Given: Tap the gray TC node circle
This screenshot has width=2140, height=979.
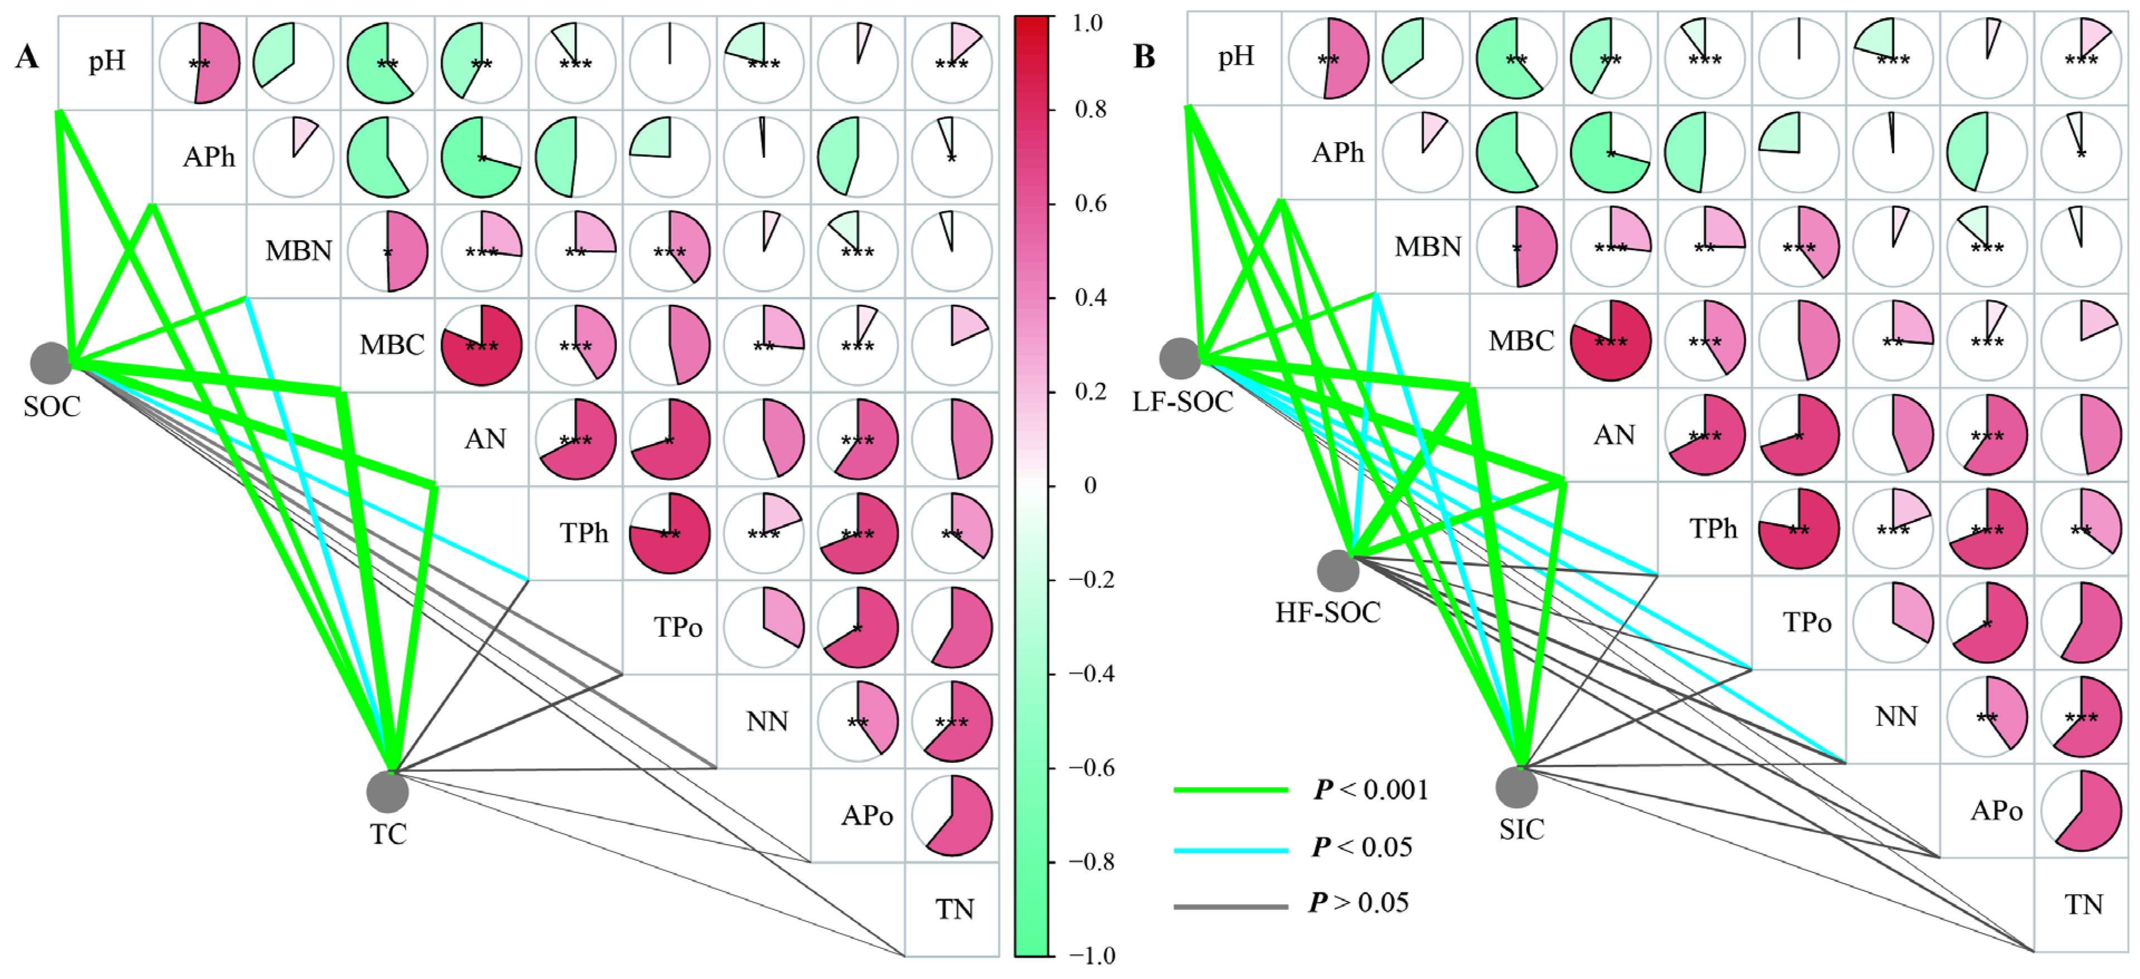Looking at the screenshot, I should (387, 791).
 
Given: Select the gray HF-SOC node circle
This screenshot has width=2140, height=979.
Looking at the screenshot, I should (1337, 571).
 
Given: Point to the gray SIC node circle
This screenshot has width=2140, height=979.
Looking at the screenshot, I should (1516, 786).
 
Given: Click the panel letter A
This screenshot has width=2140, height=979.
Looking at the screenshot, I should (27, 57).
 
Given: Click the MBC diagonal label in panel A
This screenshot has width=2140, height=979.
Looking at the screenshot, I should (391, 344).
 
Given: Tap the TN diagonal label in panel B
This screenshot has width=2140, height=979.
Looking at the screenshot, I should (2083, 904).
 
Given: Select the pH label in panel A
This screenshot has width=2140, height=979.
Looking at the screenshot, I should (107, 61).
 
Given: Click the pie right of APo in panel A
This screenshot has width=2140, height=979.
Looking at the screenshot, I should (952, 815).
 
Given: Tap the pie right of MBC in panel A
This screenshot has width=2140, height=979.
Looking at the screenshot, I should (482, 344).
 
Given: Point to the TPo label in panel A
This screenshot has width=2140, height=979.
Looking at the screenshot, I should (677, 627).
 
